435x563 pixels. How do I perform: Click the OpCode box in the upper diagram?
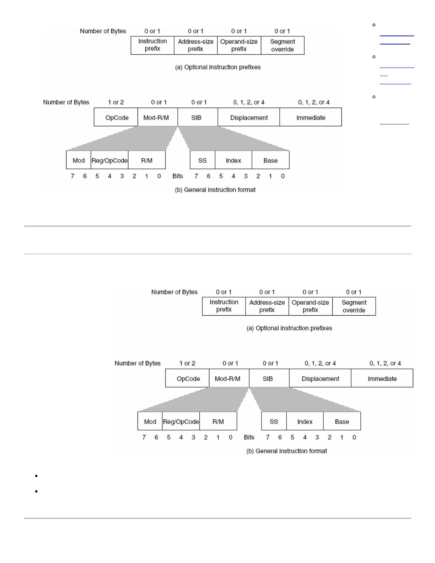point(117,118)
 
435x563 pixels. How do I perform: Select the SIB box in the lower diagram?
point(268,379)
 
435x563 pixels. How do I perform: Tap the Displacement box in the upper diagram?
point(249,118)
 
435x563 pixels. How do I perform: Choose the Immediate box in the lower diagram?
point(382,379)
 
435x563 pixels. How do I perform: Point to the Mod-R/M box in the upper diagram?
point(156,118)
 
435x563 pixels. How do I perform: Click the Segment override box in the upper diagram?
point(283,45)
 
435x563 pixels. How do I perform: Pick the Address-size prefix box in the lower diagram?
point(267,306)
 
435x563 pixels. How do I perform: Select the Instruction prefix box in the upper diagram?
point(152,45)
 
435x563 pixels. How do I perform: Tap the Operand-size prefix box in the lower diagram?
point(310,306)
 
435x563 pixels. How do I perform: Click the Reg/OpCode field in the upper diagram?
point(109,161)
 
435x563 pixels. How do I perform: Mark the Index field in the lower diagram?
point(305,422)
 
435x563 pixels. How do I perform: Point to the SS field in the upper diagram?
point(203,161)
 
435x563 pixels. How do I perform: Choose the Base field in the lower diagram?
point(342,422)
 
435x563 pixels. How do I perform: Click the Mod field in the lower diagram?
point(150,422)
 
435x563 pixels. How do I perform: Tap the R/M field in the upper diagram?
point(147,161)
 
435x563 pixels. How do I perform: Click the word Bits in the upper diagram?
point(178,176)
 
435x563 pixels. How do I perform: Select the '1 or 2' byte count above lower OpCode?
point(187,363)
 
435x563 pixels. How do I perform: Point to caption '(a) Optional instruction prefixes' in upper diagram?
point(218,67)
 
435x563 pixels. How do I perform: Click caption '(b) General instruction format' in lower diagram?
point(286,451)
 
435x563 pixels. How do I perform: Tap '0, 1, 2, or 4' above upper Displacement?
point(249,102)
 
